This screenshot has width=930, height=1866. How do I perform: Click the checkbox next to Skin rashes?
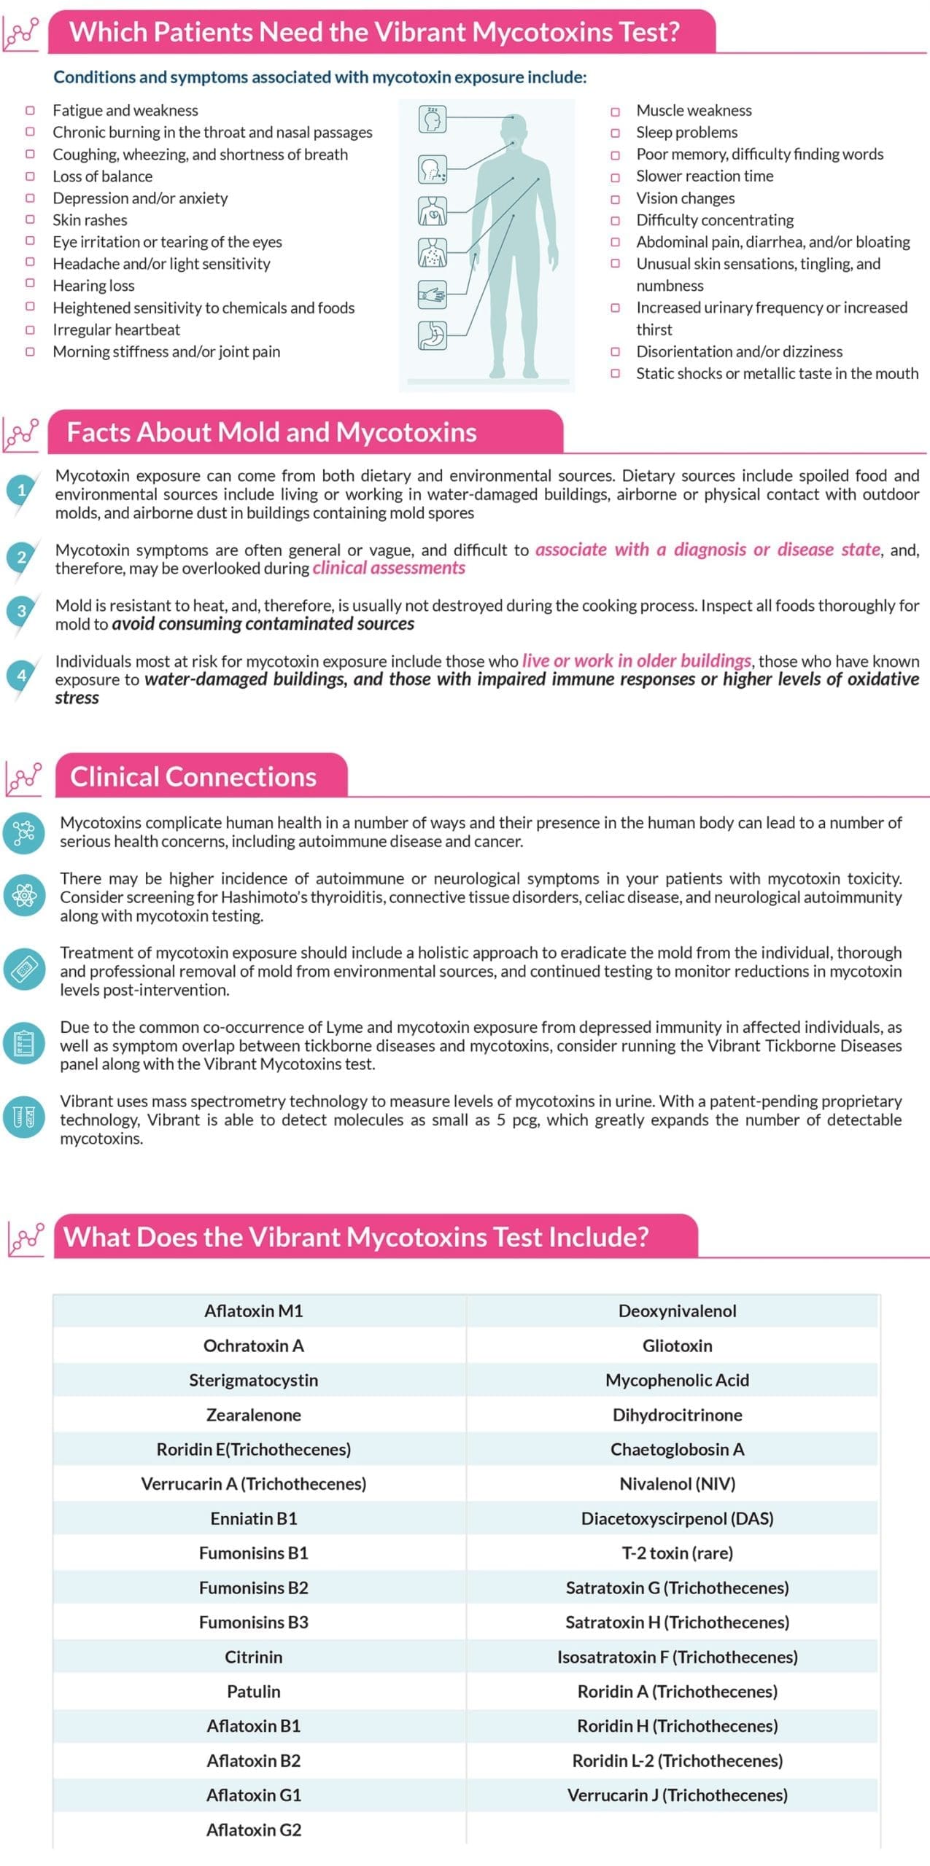pyautogui.click(x=30, y=219)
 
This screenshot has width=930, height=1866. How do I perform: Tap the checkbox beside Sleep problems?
pyautogui.click(x=615, y=133)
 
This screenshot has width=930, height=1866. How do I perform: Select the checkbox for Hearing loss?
pyautogui.click(x=30, y=285)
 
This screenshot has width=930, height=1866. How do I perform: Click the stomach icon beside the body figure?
pyautogui.click(x=432, y=335)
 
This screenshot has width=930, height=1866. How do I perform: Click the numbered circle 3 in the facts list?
pyautogui.click(x=21, y=611)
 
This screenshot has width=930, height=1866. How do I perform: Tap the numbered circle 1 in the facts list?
pyautogui.click(x=21, y=490)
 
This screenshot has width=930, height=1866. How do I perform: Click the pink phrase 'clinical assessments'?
pyautogui.click(x=388, y=569)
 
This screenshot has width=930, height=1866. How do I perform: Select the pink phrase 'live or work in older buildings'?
pyautogui.click(x=636, y=661)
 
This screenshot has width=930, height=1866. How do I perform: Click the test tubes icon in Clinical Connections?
pyautogui.click(x=23, y=1116)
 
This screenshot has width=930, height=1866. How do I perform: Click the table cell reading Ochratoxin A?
pyautogui.click(x=253, y=1346)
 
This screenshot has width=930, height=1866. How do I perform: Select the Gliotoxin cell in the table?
pyautogui.click(x=677, y=1346)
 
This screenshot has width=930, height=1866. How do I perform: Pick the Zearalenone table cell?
pyautogui.click(x=253, y=1415)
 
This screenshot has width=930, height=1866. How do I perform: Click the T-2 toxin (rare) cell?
pyautogui.click(x=677, y=1553)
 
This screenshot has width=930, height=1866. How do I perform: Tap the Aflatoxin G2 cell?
pyautogui.click(x=253, y=1830)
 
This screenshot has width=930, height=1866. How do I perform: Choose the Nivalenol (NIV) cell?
pyautogui.click(x=677, y=1484)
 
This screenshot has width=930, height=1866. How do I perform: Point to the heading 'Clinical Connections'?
pyautogui.click(x=193, y=777)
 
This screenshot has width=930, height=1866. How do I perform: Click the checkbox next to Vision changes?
pyautogui.click(x=615, y=198)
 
